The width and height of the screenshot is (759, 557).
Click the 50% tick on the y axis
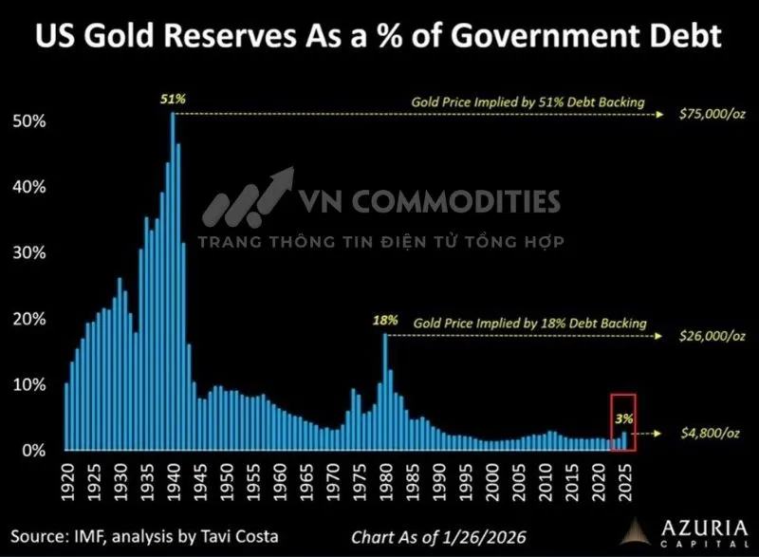(x=32, y=122)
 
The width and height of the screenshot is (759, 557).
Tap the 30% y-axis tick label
(x=32, y=253)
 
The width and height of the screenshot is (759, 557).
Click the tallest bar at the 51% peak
(x=173, y=285)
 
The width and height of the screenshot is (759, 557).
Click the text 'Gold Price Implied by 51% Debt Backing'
(x=528, y=101)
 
